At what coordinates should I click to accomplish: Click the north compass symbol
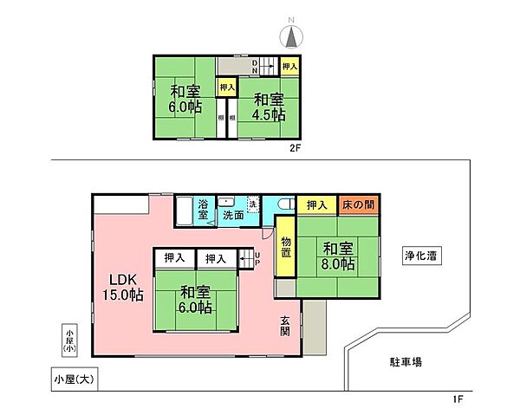[292, 35]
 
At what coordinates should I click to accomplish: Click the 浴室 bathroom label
[203, 209]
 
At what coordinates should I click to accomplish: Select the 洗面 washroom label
[232, 214]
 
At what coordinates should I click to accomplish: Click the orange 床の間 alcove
[358, 205]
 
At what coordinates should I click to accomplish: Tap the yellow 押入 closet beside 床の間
[315, 205]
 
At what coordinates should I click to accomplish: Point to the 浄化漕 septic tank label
[419, 255]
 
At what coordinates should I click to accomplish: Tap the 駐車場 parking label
[404, 360]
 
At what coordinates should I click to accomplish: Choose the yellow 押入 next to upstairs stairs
[291, 66]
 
